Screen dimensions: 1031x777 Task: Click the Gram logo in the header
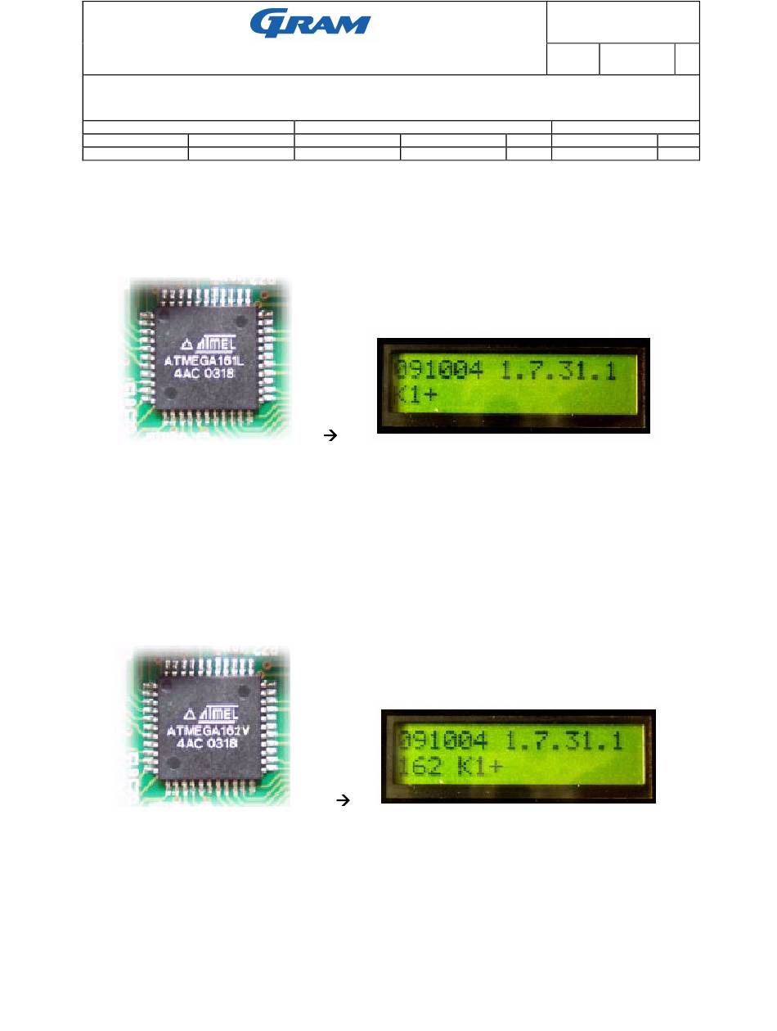click(310, 24)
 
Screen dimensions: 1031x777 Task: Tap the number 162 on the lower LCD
click(420, 768)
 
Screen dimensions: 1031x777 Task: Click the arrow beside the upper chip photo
click(331, 437)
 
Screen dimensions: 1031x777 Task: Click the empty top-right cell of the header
click(622, 22)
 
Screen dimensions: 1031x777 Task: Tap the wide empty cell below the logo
click(391, 97)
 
